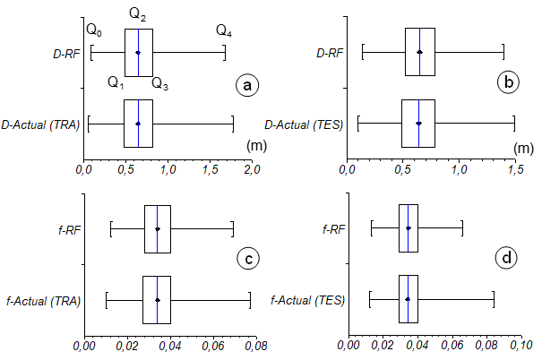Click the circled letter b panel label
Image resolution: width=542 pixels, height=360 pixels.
[x=509, y=83]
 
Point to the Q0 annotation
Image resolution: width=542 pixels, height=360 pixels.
[x=94, y=31]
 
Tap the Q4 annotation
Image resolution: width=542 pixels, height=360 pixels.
[x=224, y=31]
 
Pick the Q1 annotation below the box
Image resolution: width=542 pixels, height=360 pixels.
[x=116, y=83]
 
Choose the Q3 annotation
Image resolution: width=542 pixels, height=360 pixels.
[x=159, y=83]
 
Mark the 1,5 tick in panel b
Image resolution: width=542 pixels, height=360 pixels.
[x=515, y=168]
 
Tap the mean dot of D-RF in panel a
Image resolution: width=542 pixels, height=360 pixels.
[x=138, y=53]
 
